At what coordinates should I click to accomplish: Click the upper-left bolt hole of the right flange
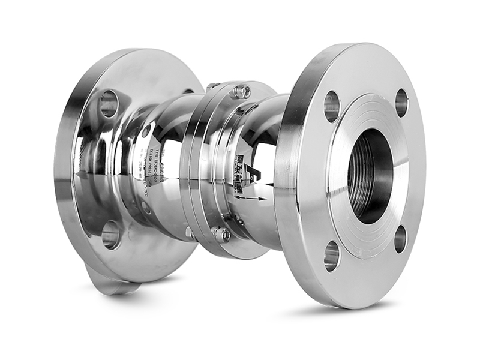[x=332, y=106]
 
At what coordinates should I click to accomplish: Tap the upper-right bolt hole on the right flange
[x=401, y=102]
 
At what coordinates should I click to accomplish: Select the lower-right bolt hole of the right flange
[x=400, y=238]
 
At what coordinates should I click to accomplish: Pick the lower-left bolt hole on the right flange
[x=332, y=256]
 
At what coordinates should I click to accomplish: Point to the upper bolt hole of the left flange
[x=109, y=104]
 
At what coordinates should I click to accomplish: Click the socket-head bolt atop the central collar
[x=242, y=92]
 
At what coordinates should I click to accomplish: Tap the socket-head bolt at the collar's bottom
[x=221, y=234]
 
